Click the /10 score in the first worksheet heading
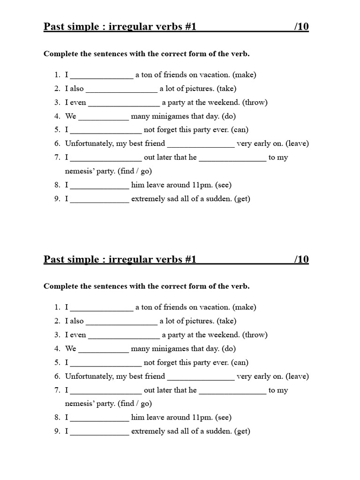(301, 27)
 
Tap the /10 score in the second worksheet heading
(301, 259)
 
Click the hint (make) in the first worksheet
(244, 75)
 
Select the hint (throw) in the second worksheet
(255, 335)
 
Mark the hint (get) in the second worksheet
(242, 431)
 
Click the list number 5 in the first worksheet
(57, 130)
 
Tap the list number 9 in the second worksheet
(57, 431)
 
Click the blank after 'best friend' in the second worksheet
(201, 377)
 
